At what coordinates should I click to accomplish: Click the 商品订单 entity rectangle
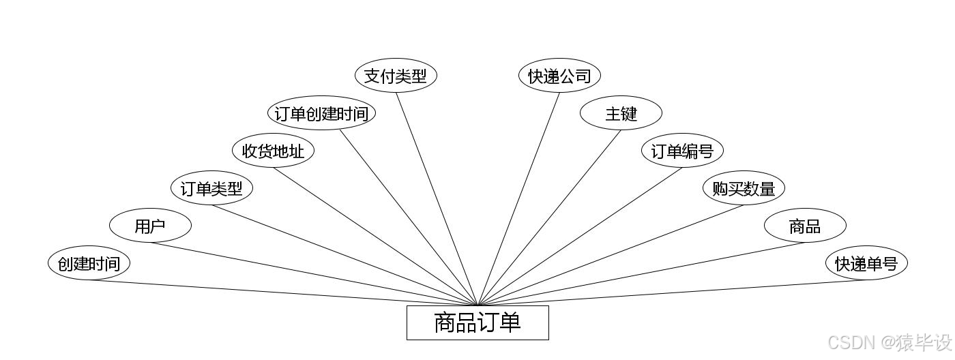pos(477,322)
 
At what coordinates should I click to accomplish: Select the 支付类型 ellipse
pos(396,76)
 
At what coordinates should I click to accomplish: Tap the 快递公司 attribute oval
pos(559,76)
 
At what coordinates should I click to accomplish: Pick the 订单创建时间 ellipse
pos(321,113)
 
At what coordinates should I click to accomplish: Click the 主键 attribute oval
pos(621,113)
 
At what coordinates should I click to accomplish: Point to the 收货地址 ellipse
pos(273,151)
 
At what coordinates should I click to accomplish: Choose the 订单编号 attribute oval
pos(682,151)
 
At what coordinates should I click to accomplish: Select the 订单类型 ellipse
pos(211,188)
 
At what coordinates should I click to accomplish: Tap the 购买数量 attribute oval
pos(744,188)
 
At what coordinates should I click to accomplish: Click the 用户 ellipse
pos(150,226)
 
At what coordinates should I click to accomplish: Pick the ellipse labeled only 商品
pos(805,226)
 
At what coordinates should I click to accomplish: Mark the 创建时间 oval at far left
pos(89,263)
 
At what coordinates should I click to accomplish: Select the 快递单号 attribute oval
pos(866,263)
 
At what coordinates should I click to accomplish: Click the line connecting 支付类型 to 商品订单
pos(437,198)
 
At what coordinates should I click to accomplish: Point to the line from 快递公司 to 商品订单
pos(518,198)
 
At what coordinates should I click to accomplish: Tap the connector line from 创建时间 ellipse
pos(283,292)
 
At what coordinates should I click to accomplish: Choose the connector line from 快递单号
pos(672,292)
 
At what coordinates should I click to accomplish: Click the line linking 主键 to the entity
pos(549,217)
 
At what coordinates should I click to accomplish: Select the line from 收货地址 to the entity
pos(375,236)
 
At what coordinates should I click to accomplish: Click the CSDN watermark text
pos(890,342)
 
